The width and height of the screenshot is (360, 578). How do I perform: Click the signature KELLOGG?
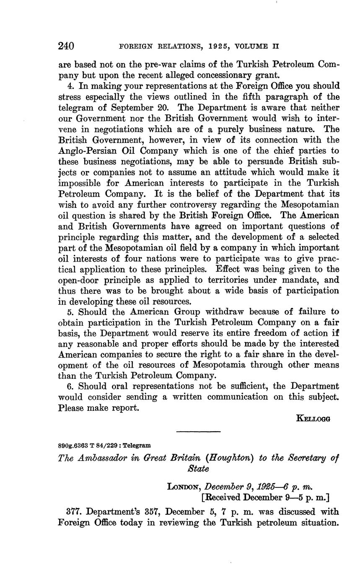click(x=313, y=418)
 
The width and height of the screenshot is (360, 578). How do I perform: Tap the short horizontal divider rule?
click(x=198, y=432)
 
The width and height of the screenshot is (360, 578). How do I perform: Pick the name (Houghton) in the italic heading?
click(x=230, y=458)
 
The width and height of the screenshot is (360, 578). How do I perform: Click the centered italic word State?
click(x=198, y=469)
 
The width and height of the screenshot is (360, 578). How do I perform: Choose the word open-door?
click(x=78, y=280)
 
